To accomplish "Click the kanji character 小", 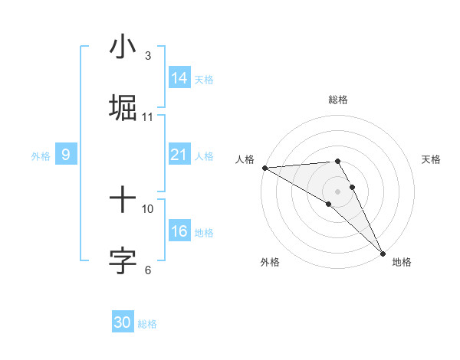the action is tap(123, 47).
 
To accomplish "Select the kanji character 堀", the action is tap(123, 107).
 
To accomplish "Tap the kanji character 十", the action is tap(123, 201).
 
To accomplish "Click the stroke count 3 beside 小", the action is tap(148, 56).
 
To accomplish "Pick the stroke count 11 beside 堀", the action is tap(148, 116).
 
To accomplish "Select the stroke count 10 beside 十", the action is tap(148, 208).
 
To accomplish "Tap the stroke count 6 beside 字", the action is tap(148, 270).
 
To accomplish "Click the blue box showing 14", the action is tap(179, 78).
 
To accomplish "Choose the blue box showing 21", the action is tap(179, 155).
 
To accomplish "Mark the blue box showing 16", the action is tap(179, 231).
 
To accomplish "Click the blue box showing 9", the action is tap(66, 155).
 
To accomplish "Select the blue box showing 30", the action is tap(123, 322).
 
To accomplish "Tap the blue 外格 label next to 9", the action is tap(41, 156).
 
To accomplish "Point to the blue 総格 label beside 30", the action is tap(147, 324).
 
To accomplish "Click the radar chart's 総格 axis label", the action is tap(338, 100).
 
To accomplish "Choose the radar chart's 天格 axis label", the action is tap(432, 159).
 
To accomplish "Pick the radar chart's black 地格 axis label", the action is tap(402, 262).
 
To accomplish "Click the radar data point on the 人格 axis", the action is tap(264, 168).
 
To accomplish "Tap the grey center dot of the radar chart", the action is tap(338, 191).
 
